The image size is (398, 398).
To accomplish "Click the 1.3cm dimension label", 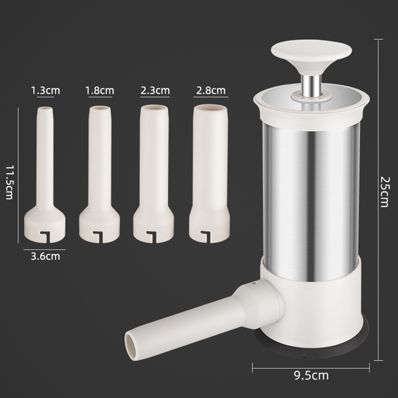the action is (x=45, y=91).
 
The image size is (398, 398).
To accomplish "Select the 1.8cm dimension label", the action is (x=99, y=91).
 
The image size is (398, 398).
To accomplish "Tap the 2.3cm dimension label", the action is (x=155, y=91).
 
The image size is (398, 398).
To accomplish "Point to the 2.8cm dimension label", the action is (x=210, y=91).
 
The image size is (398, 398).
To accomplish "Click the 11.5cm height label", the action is (x=9, y=183).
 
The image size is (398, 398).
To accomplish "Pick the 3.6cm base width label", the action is (x=45, y=256).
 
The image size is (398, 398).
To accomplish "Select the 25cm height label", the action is (x=384, y=192).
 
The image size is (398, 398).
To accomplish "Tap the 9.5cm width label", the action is (x=311, y=375).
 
